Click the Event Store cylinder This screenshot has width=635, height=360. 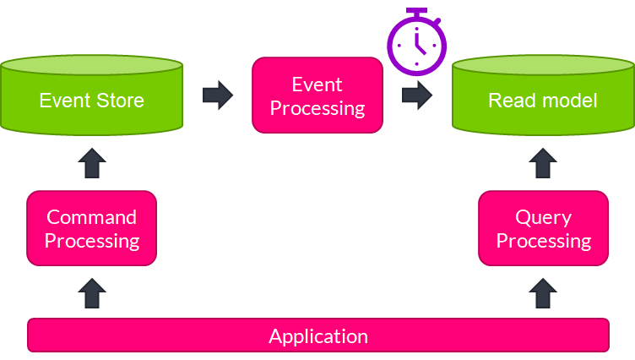pos(91,100)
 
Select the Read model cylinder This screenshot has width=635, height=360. pos(543,100)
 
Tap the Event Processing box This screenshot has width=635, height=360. pos(317,95)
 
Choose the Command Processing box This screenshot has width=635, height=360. pos(91,229)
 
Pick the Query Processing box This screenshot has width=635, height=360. pos(543,229)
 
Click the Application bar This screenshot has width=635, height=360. pos(318,335)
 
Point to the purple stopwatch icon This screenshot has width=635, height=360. pos(415,42)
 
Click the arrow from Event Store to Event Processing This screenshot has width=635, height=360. pos(218,95)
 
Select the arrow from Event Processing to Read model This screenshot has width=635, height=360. pos(416,95)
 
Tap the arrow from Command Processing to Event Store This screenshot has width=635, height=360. pos(92,163)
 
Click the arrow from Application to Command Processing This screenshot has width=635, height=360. pos(92,293)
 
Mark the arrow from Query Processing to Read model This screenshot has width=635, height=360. pos(543,163)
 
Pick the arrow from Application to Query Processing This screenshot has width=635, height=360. pos(543,293)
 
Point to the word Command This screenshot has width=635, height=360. pos(91,217)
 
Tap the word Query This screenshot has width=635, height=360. pos(543,217)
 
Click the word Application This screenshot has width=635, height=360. pos(318,335)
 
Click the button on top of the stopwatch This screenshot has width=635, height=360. pos(415,12)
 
